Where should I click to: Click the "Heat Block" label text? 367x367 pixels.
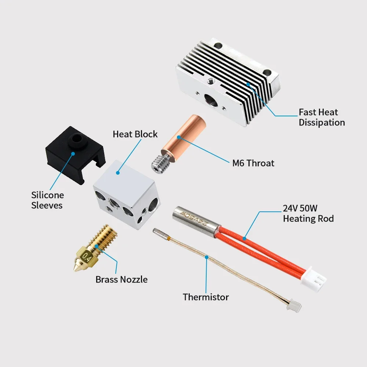(135, 134)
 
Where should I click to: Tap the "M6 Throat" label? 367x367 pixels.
(253, 163)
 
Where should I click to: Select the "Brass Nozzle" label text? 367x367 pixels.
(121, 279)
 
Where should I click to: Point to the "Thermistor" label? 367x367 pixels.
(206, 297)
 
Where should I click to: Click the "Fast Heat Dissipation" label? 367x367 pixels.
(322, 117)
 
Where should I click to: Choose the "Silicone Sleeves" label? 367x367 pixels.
(47, 200)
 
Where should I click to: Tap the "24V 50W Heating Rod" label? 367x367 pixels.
(308, 213)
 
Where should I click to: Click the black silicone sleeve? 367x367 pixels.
(75, 155)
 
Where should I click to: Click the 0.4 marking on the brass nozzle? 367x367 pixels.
(86, 257)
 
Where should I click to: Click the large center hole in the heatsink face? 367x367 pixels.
(211, 101)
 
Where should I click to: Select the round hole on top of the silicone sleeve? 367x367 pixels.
(76, 138)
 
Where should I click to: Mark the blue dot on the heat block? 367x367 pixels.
(118, 173)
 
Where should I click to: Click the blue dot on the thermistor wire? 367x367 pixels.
(207, 257)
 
